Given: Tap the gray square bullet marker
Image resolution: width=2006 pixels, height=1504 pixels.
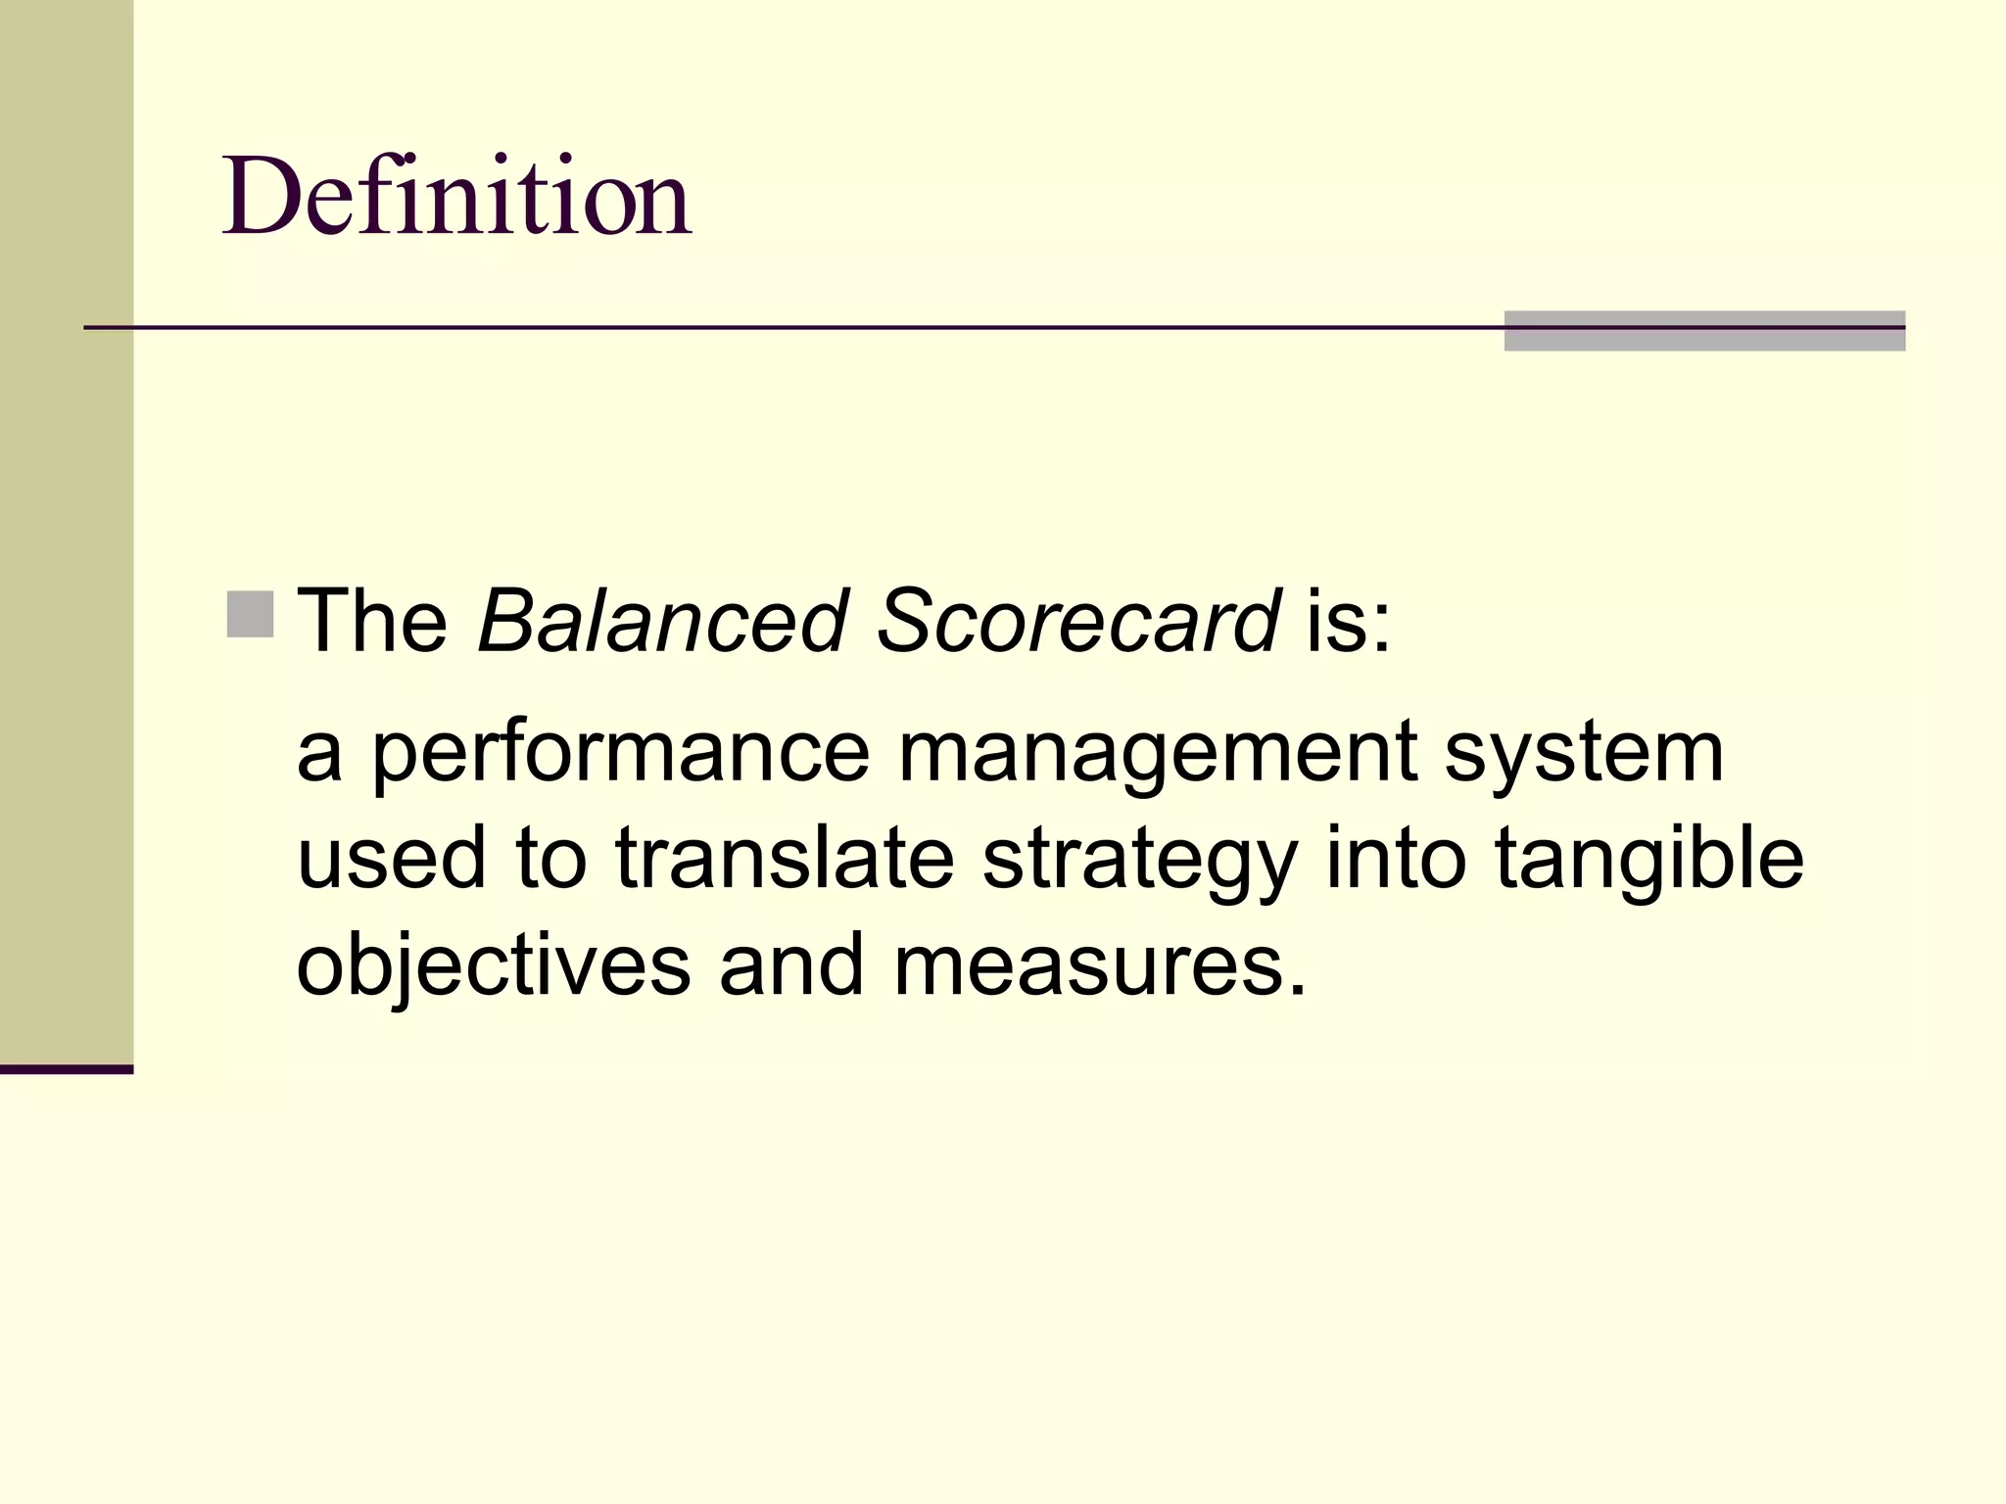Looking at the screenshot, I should coord(250,615).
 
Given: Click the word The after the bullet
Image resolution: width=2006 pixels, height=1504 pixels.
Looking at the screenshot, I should coord(372,621).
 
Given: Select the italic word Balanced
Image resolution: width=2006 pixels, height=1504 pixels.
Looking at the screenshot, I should coord(662,621).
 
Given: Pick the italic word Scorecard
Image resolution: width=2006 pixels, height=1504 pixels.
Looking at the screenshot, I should coord(1077,621).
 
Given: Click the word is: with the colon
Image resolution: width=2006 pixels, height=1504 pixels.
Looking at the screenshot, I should coord(1349,621).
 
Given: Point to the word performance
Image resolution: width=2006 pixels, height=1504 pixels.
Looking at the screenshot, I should coord(620,754).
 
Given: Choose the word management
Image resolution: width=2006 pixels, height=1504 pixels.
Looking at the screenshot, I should coord(1157,754).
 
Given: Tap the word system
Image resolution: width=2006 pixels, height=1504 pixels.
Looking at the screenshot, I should coord(1584,754).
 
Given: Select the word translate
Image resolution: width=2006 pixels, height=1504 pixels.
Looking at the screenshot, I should coord(785,859).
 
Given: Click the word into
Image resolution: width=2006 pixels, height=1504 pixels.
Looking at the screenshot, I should coord(1395,859).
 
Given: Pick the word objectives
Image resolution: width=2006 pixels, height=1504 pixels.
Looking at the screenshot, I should coord(494,965).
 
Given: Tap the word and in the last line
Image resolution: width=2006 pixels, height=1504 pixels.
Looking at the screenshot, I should coord(791,965).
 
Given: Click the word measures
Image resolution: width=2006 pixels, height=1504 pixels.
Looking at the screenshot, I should coord(1100,965).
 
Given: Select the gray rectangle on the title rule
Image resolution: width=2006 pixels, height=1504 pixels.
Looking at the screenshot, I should coord(1704,331).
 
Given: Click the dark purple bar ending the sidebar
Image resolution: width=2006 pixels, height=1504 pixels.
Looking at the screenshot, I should coord(67,1069).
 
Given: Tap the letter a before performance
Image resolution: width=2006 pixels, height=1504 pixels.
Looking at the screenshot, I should coord(319,756).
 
